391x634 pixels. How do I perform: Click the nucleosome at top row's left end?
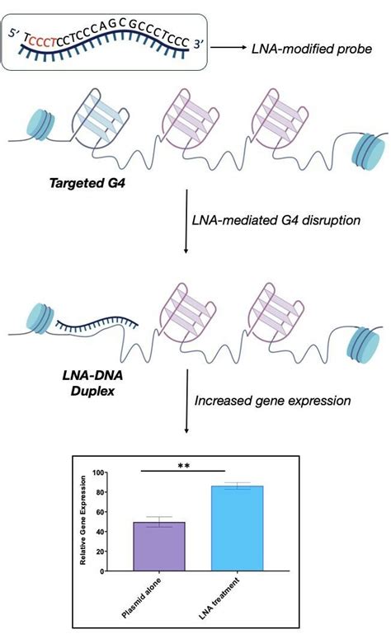point(41,127)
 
